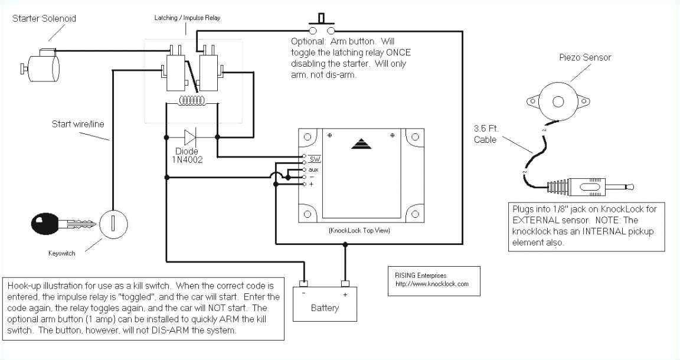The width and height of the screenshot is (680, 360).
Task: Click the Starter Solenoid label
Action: coord(44,18)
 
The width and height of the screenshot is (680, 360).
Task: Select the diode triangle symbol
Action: coord(190,138)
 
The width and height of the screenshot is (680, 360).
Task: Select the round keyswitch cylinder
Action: coord(110,224)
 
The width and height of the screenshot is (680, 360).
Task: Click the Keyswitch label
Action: coord(62,254)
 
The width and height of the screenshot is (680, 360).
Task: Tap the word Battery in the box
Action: coord(325,308)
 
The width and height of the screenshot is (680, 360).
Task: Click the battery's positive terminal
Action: coord(345,284)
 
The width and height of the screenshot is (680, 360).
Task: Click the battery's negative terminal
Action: coord(304,284)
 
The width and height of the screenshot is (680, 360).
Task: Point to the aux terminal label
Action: coord(313,169)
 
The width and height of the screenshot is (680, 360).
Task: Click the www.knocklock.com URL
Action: coord(431,284)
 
